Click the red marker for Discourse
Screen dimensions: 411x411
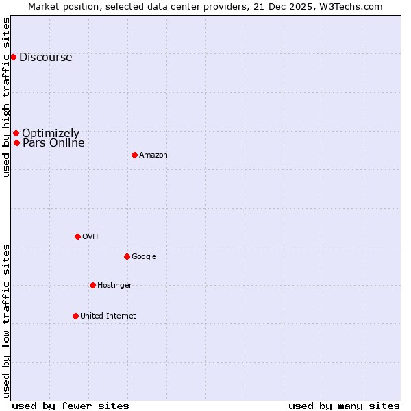(x=13, y=57)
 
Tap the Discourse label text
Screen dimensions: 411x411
(x=45, y=58)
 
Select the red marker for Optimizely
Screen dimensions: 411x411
(x=16, y=133)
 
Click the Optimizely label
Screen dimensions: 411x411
(x=51, y=134)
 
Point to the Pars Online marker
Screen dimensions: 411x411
(x=16, y=142)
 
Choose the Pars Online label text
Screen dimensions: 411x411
(x=53, y=143)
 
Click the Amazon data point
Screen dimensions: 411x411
(x=134, y=155)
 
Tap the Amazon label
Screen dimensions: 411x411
(x=153, y=155)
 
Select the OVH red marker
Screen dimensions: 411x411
(x=77, y=236)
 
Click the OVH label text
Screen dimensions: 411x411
(x=90, y=237)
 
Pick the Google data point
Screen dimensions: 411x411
(x=127, y=256)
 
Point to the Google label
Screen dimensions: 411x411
(x=144, y=257)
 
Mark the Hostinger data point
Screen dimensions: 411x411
(x=92, y=285)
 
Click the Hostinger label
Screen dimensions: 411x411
(x=114, y=286)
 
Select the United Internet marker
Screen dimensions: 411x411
(x=75, y=316)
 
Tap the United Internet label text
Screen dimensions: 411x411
(x=108, y=316)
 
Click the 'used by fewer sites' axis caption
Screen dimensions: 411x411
(x=71, y=406)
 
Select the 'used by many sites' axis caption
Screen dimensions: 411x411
(x=344, y=406)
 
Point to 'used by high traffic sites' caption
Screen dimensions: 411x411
(x=7, y=97)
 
